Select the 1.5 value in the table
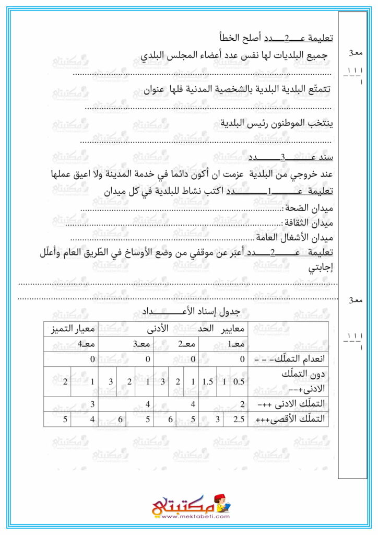pos(207,382)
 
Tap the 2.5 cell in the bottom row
pos(238,419)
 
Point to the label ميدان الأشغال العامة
pos(298,238)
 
